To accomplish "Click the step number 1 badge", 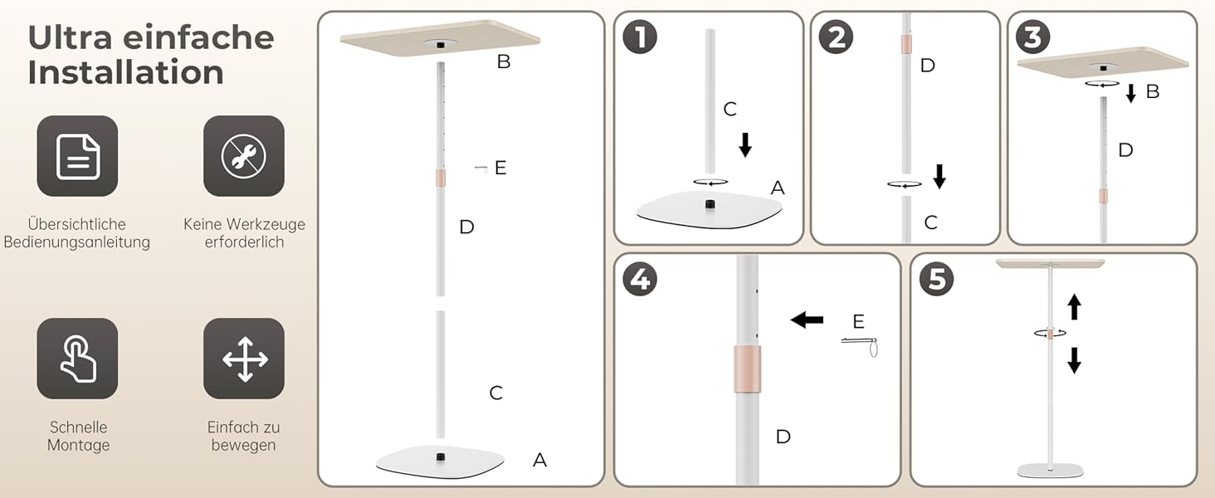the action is (640, 37).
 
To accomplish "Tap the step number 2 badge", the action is (837, 37).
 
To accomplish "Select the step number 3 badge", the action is (1032, 37).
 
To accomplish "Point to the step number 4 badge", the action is (640, 280).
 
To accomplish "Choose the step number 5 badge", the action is (937, 280).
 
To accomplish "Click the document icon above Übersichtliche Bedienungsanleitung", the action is (77, 156).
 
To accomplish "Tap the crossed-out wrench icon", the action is (244, 156).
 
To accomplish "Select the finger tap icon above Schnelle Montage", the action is (77, 359).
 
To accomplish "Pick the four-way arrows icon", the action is (244, 359).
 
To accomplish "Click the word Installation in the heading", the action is (126, 72).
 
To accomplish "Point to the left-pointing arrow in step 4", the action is (808, 320).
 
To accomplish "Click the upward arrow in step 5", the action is (1074, 306).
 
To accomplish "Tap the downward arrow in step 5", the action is (1074, 360).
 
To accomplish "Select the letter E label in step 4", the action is (858, 322).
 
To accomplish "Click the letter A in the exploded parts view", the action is (539, 460).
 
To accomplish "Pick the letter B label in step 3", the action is (1153, 91).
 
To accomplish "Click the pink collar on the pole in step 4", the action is (748, 369).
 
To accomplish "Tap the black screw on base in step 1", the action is (710, 204).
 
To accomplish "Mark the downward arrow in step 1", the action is (745, 145).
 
